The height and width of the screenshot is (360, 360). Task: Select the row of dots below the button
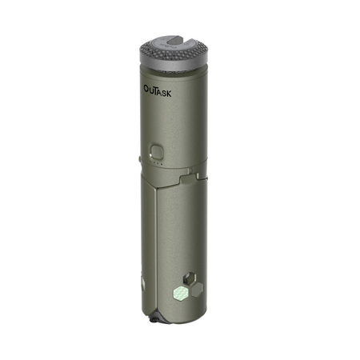[x=157, y=165]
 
